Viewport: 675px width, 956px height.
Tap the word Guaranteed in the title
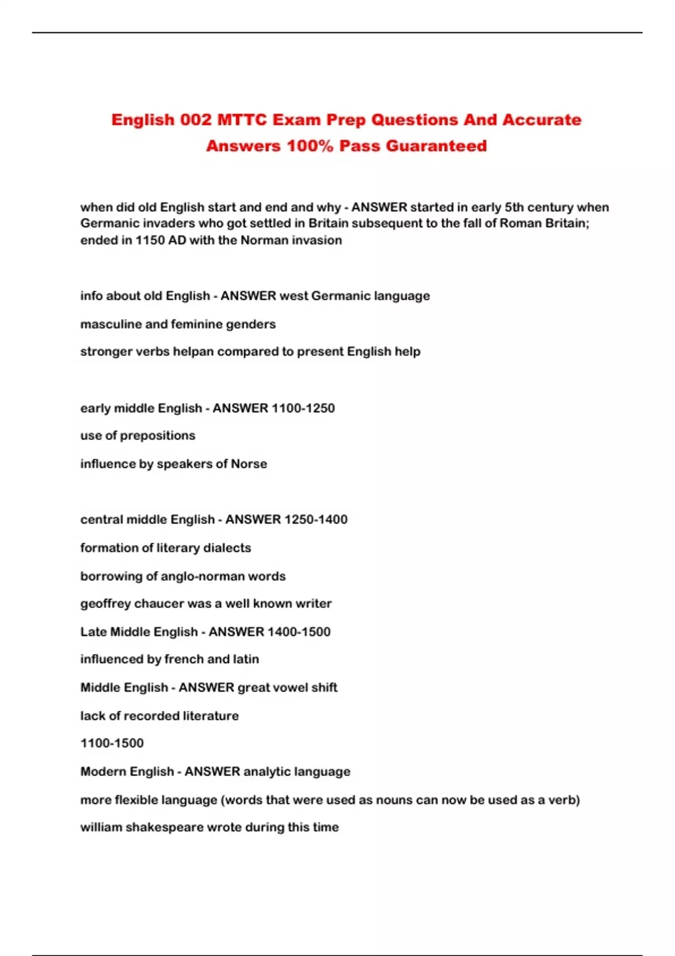coord(436,146)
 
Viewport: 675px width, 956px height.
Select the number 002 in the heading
coord(196,120)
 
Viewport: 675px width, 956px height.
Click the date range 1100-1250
coord(303,408)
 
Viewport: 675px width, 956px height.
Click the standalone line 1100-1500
coord(112,743)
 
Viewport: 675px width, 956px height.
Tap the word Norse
coord(249,464)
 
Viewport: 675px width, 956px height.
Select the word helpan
coord(193,351)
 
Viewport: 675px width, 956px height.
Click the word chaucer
coord(159,604)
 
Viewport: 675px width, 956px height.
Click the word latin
coord(246,659)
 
